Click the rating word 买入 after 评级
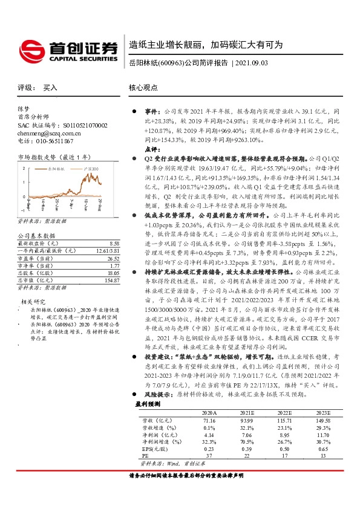(x=50, y=88)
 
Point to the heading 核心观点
(x=143, y=88)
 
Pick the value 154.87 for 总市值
(x=104, y=280)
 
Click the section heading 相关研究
(x=33, y=301)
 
